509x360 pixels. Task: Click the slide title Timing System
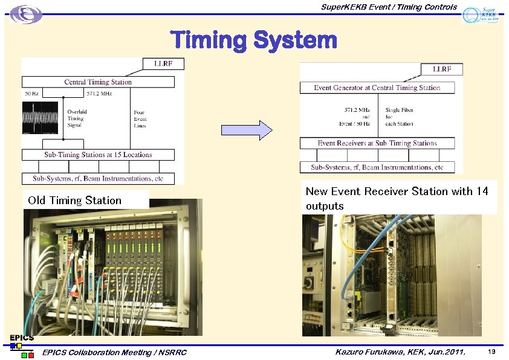click(254, 40)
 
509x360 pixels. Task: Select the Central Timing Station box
click(98, 82)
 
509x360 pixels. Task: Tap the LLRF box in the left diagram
click(163, 63)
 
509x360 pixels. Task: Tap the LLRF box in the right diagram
click(442, 69)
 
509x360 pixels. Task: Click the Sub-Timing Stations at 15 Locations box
click(98, 155)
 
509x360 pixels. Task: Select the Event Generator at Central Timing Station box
click(377, 88)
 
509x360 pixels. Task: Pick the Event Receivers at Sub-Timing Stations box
click(377, 143)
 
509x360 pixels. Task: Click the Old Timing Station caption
click(74, 201)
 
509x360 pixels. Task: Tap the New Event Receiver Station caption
click(397, 198)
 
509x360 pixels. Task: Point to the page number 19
click(491, 352)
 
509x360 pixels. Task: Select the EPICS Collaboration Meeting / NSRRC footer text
click(115, 353)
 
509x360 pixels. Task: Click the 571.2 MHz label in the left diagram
click(99, 94)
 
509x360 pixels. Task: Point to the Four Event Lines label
click(140, 119)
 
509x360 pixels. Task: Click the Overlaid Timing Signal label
click(77, 119)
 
